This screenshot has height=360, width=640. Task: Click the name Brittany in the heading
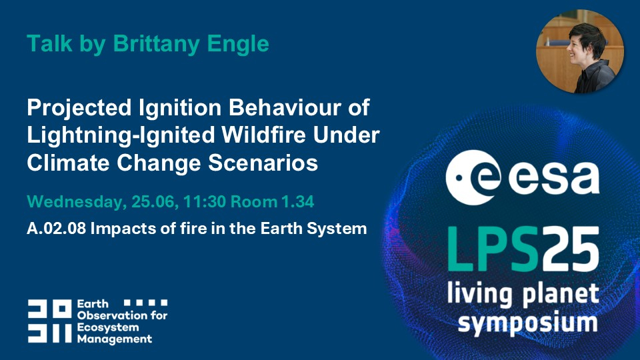point(156,43)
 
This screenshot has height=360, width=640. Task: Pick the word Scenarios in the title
point(263,163)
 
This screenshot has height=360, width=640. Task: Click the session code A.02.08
point(56,229)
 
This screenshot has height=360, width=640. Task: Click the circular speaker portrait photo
point(579,51)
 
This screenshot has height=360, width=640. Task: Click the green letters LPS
point(492,249)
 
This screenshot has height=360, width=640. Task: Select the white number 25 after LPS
point(569,249)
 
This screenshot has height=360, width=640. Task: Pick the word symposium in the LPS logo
point(527,324)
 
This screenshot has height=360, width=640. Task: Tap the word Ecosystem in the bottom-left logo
point(108,328)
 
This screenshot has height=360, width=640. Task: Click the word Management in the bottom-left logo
point(115,339)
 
